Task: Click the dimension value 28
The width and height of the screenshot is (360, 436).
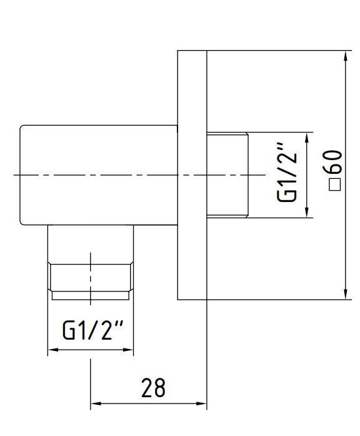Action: click(153, 388)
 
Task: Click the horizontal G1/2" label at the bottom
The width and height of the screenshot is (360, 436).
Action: click(92, 330)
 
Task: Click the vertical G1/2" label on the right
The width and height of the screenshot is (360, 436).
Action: click(287, 173)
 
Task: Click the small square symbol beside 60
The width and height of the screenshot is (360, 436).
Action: click(335, 185)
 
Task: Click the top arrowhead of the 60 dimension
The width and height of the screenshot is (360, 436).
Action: click(346, 56)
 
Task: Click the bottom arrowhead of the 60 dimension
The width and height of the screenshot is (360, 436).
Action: click(346, 295)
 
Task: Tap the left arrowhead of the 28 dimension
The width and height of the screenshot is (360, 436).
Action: click(96, 403)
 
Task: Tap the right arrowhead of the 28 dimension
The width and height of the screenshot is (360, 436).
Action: click(201, 403)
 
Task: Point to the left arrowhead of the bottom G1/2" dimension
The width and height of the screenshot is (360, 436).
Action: click(53, 350)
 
